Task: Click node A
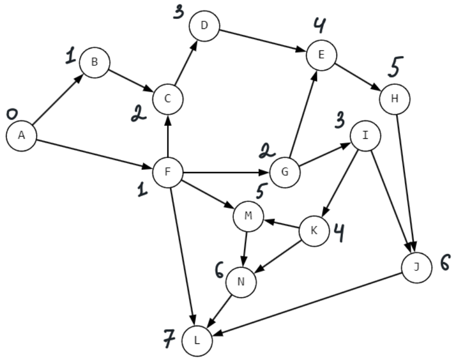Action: [21, 135]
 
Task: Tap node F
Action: [167, 171]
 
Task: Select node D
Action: [204, 26]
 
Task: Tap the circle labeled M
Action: [248, 215]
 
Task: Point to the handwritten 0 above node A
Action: [12, 113]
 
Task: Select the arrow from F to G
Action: [226, 171]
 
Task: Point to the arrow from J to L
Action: [307, 303]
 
